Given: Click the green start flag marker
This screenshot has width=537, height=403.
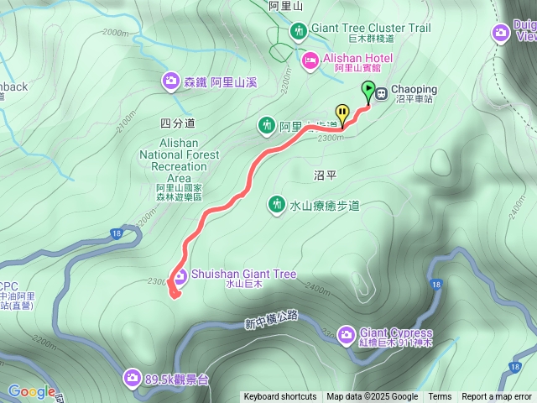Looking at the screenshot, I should [368, 89].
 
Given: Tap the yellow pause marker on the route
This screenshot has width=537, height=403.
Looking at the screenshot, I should [342, 112].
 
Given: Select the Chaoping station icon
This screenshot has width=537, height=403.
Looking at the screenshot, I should [381, 93].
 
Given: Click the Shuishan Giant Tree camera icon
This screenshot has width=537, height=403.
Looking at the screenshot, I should [180, 275].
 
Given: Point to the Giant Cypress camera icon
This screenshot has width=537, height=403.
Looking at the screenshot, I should [346, 336].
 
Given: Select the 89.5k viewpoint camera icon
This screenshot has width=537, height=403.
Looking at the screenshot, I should [132, 379].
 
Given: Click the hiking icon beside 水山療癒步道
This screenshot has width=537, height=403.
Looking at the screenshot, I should [276, 204].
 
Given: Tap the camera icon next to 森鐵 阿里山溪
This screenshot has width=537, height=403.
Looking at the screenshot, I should [171, 81].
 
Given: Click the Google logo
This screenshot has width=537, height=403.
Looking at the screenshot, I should [31, 391].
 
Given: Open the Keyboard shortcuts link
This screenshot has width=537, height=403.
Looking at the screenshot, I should [280, 397].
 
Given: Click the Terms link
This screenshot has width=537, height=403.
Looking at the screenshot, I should [440, 397].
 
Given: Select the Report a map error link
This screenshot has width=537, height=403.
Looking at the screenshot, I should [497, 397].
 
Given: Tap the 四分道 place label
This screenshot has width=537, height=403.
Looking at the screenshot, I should [177, 123].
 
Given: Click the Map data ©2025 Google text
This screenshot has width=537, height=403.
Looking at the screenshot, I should [372, 397].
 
